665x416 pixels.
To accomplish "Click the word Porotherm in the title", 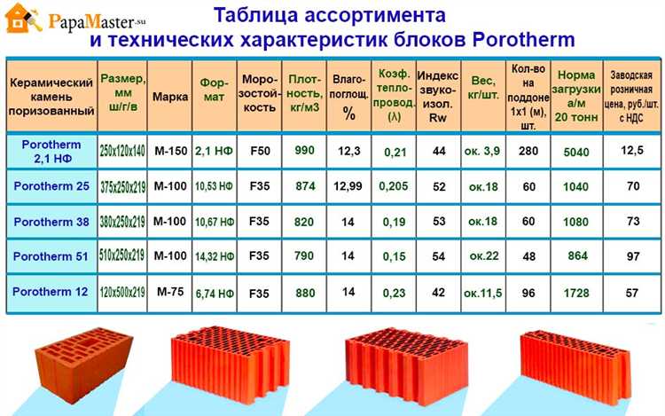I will click(x=525, y=40).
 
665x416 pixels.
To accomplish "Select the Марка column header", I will click(x=169, y=96).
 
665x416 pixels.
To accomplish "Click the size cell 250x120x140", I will click(x=122, y=151).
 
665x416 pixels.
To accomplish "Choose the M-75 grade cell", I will click(x=169, y=291).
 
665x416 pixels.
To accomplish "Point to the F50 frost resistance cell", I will click(x=260, y=151).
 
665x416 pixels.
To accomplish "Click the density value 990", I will click(x=304, y=151).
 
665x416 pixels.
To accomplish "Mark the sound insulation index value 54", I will click(x=438, y=255).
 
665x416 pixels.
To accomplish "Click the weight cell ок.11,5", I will click(x=482, y=291).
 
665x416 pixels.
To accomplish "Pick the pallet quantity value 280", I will click(x=528, y=151).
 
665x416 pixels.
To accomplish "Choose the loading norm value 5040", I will click(x=576, y=151).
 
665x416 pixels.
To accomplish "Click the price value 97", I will click(x=632, y=255).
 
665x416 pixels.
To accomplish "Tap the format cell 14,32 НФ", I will click(x=215, y=255).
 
